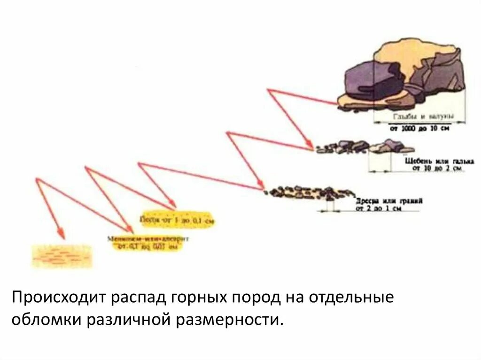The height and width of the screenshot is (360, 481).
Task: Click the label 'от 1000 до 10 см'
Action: (x=419, y=128)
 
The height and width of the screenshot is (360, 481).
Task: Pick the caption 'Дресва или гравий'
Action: (x=389, y=200)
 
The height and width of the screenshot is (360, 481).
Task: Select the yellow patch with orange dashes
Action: (x=62, y=256)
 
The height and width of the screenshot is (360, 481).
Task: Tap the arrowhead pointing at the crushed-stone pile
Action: (x=310, y=147)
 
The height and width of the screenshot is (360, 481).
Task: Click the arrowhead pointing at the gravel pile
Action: (x=261, y=188)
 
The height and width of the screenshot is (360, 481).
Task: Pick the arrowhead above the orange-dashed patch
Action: (x=60, y=233)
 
